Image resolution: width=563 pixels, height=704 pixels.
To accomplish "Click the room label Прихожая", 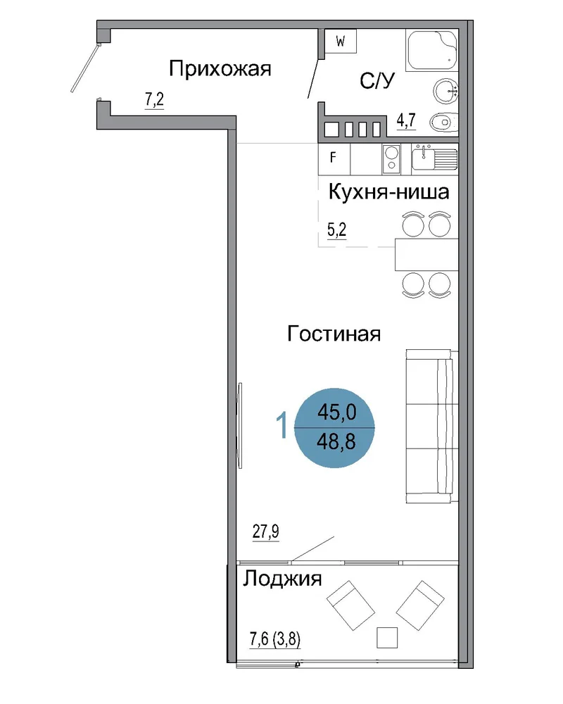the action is point(220,70).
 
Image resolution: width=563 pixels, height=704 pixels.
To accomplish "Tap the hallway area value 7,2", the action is point(154,99).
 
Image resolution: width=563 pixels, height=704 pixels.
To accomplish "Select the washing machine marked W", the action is point(341,42).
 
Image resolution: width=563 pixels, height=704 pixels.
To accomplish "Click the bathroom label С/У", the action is point(377,81).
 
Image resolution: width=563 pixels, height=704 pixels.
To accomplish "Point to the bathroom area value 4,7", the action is point(406,120).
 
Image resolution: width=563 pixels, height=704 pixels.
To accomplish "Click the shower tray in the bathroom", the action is point(431,50).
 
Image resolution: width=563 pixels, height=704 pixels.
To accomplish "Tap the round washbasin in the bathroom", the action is point(445,91).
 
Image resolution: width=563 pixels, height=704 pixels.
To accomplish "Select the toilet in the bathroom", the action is point(444,122).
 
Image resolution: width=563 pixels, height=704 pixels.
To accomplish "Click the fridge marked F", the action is point(334,159).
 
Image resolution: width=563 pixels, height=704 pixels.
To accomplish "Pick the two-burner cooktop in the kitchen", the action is point(391,159).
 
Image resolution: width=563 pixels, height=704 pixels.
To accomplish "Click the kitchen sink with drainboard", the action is point(435,158).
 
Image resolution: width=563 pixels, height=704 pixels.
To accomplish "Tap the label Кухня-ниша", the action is point(388,191).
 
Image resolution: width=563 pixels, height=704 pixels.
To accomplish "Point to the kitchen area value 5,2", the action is point(336,230).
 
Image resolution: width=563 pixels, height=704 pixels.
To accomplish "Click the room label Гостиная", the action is point(334,334).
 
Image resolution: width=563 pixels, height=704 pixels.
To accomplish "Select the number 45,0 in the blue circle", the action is point(336,412).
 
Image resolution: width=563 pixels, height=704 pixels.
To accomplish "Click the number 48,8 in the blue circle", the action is point(336,442).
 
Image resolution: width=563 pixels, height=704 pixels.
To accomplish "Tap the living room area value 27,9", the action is point(266,532).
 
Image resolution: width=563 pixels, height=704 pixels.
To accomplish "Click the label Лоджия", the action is point(282,579).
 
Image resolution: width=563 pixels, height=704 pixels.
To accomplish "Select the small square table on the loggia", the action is point(387,638).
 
